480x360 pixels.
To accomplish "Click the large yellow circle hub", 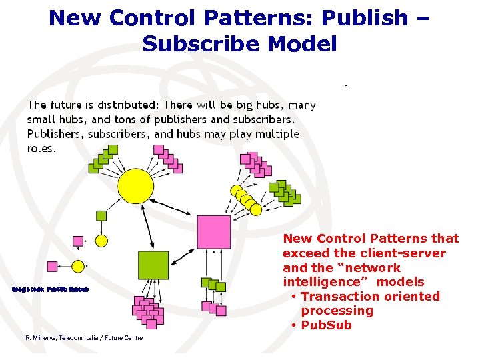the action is [x=136, y=187].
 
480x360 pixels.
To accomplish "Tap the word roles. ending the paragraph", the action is [x=41, y=148].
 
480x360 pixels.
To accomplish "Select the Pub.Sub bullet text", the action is [x=326, y=325].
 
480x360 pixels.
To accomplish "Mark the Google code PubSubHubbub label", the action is [x=51, y=289].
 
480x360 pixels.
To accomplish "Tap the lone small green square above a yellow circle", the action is [x=101, y=215].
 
